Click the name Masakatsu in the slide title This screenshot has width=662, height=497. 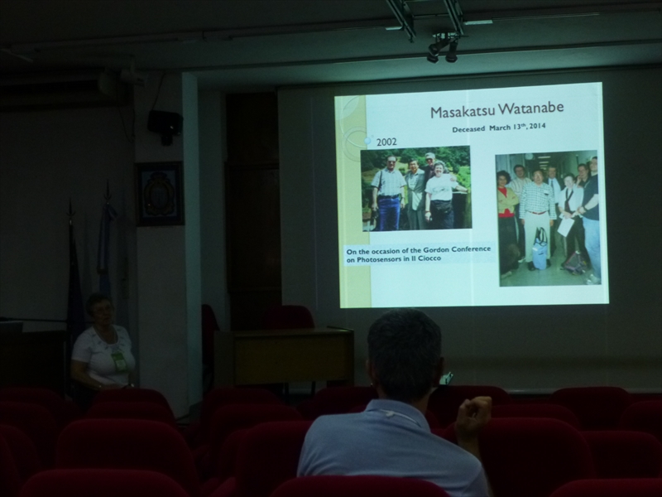(462, 111)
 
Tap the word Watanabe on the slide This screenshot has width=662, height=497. (530, 109)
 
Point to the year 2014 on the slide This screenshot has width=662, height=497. (537, 126)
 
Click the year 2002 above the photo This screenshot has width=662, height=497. (386, 142)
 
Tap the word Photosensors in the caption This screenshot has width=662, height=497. (379, 259)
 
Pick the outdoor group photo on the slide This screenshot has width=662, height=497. (417, 189)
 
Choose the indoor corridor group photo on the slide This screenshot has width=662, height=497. (549, 218)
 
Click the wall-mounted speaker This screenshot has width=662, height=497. (165, 125)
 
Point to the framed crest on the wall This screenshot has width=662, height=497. (159, 194)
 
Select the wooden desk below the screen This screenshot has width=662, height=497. (284, 356)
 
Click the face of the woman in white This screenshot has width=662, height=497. (101, 312)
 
